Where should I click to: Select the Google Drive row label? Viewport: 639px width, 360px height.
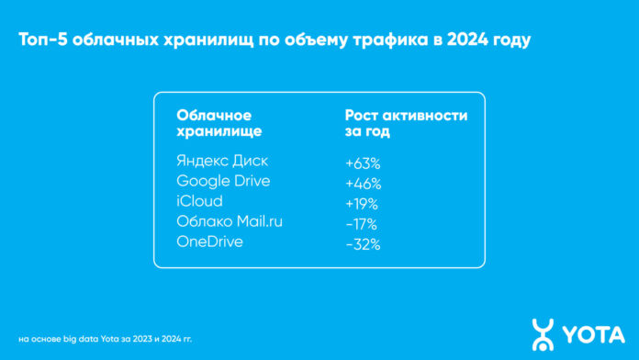pyautogui.click(x=222, y=181)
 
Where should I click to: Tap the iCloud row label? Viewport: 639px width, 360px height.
pyautogui.click(x=199, y=201)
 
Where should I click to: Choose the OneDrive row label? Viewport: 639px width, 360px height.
pyautogui.click(x=211, y=242)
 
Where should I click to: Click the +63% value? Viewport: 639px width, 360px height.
pyautogui.click(x=363, y=163)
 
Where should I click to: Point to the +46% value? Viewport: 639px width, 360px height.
pyautogui.click(x=363, y=183)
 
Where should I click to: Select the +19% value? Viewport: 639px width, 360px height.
pyautogui.click(x=362, y=203)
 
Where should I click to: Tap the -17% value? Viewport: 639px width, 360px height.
pyautogui.click(x=361, y=223)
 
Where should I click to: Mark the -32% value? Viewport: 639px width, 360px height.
pyautogui.click(x=362, y=244)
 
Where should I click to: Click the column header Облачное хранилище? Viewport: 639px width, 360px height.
pyautogui.click(x=214, y=123)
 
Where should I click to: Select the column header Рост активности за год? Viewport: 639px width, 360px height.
pyautogui.click(x=406, y=123)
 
